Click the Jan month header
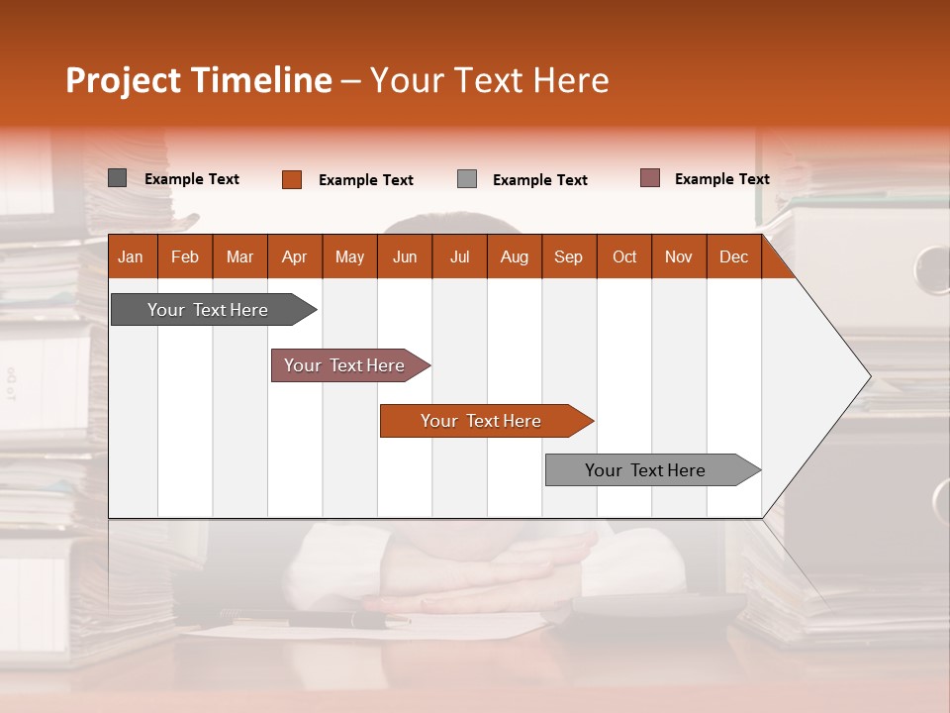131,256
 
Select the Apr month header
294,256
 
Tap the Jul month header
459,256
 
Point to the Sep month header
568,256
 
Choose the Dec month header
733,256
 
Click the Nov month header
678,256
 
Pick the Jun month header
404,256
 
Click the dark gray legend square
117,178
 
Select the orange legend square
291,179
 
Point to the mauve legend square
649,178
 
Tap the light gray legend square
467,179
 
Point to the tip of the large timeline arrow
868,376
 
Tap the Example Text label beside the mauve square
721,179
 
